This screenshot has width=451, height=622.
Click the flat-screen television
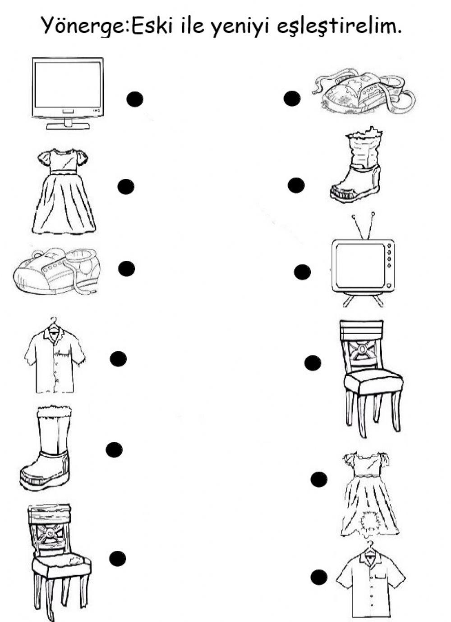tap(67, 93)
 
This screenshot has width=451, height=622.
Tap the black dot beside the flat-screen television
tap(134, 99)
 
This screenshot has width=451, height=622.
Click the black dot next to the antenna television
tap(302, 272)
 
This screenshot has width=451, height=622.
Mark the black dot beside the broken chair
tap(118, 558)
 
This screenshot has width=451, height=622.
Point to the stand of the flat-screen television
tap(68, 124)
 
